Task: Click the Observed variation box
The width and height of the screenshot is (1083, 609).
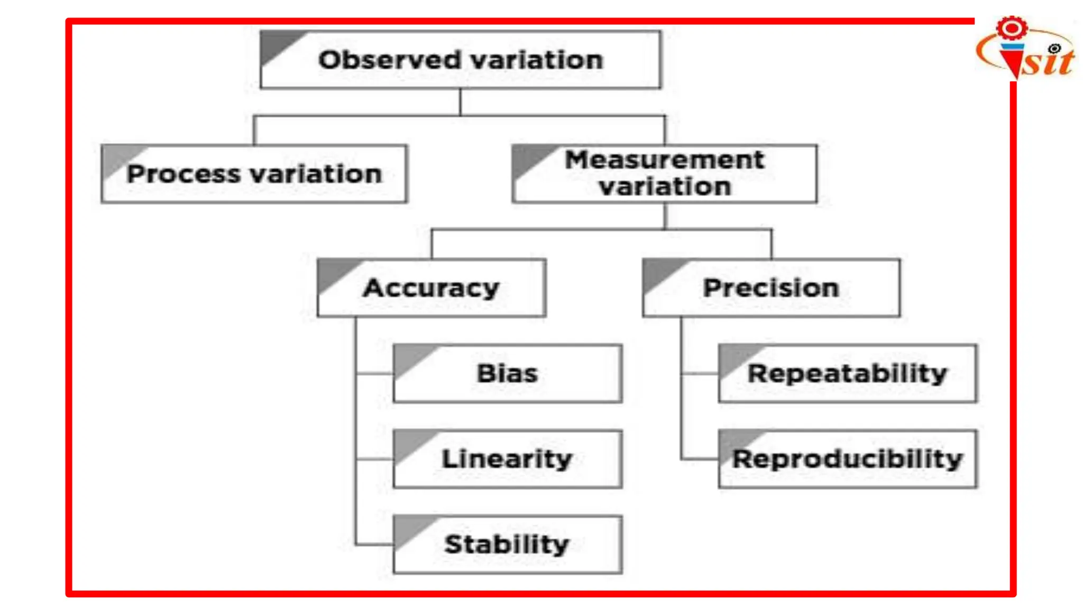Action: pyautogui.click(x=460, y=60)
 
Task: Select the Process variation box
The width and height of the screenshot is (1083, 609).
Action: pyautogui.click(x=254, y=174)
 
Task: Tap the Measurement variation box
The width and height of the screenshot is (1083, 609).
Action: pyautogui.click(x=664, y=174)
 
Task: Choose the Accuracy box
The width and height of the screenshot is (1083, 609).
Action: pyautogui.click(x=432, y=288)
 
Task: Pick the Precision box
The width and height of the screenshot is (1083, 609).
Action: pyautogui.click(x=771, y=288)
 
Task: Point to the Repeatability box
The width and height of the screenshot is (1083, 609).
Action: pyautogui.click(x=848, y=374)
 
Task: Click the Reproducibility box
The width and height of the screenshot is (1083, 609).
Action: pyautogui.click(x=848, y=459)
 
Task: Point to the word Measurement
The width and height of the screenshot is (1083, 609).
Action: pyautogui.click(x=664, y=160)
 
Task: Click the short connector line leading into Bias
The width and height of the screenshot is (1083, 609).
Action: pyautogui.click(x=375, y=374)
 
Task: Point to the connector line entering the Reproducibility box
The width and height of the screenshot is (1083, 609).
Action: pyautogui.click(x=700, y=459)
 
